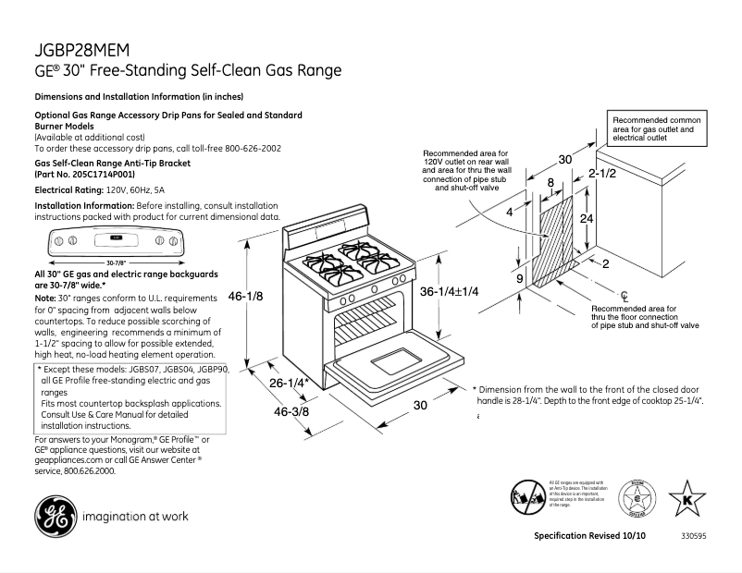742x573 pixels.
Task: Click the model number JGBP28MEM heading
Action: (x=83, y=49)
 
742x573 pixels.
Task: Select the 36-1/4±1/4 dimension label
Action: (x=449, y=291)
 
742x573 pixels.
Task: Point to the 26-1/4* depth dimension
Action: (x=288, y=383)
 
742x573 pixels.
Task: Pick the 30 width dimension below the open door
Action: (x=420, y=405)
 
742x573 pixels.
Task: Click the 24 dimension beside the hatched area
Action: (x=586, y=219)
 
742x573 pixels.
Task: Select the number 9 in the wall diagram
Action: (x=520, y=278)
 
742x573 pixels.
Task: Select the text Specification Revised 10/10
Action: (x=588, y=536)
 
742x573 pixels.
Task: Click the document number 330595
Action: (x=695, y=536)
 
